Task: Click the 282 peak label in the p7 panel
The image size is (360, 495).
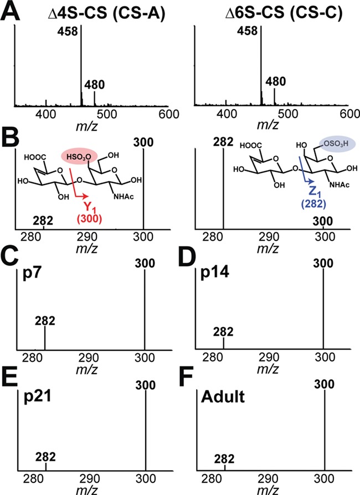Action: (44, 320)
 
